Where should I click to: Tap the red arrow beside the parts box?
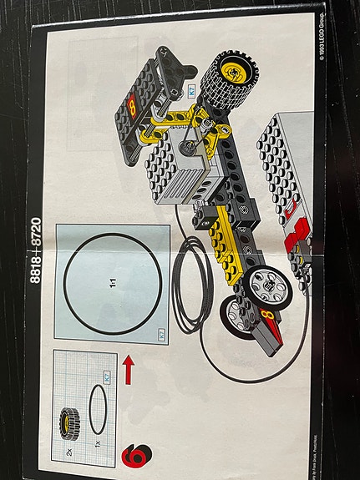click(x=128, y=369)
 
